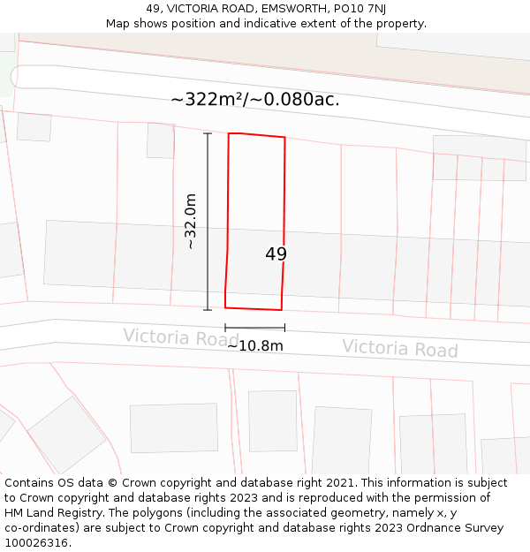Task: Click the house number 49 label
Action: (276, 254)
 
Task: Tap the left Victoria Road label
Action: (180, 337)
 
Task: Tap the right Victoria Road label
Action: (400, 348)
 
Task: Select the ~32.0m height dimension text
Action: (191, 222)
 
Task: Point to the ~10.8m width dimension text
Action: (255, 346)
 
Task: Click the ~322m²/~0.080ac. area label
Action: (255, 99)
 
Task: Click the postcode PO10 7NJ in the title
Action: (360, 9)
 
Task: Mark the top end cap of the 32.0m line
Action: (208, 133)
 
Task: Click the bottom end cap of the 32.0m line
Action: (208, 310)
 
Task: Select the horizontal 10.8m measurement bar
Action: (254, 328)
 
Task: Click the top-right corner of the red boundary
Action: (284, 138)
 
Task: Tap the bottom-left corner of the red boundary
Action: (225, 307)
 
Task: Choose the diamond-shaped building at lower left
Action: (66, 434)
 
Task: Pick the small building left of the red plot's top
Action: (161, 140)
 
